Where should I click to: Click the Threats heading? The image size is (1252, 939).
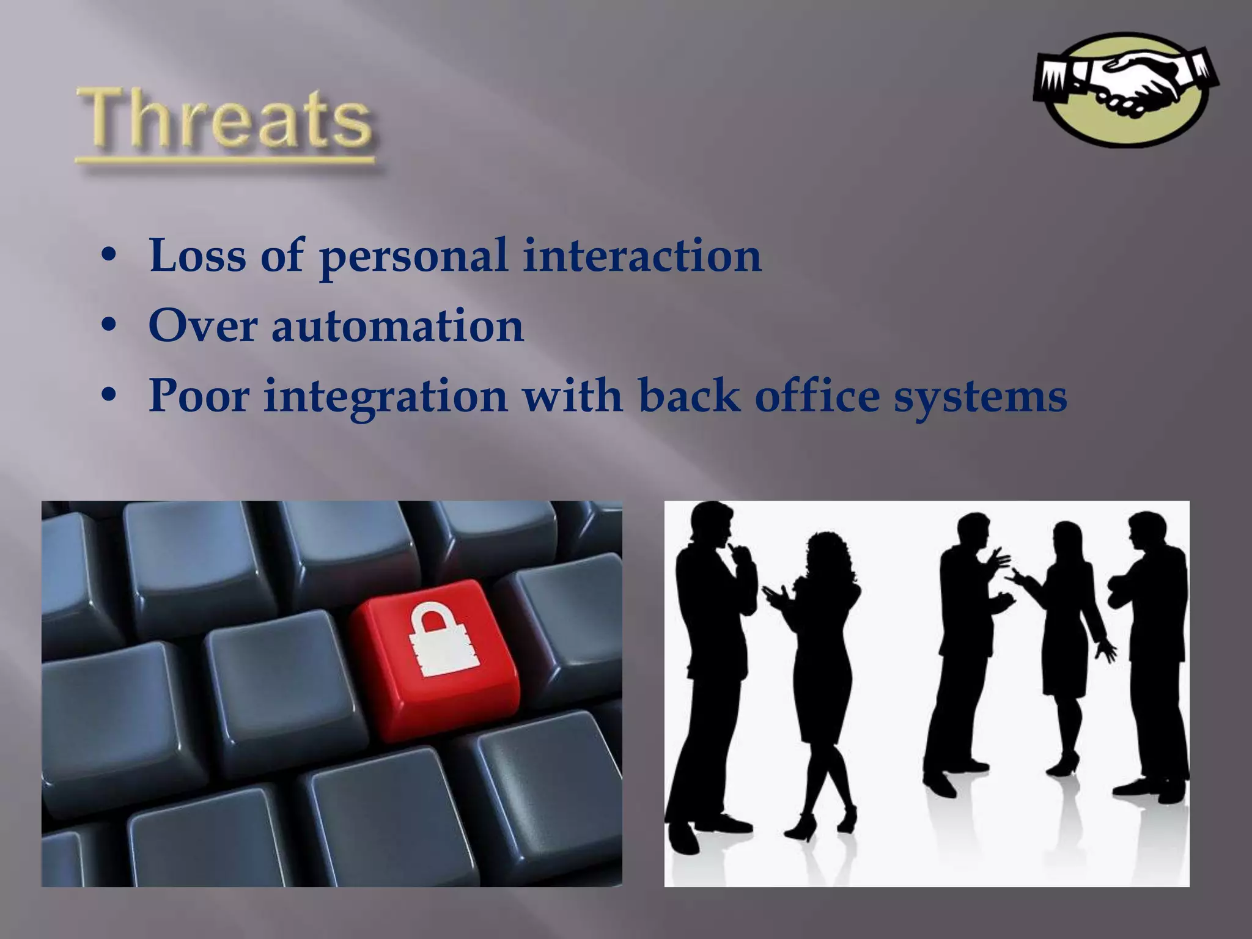click(224, 119)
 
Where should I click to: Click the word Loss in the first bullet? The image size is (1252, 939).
click(197, 255)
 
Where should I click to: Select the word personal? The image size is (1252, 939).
click(413, 257)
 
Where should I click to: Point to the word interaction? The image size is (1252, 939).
click(642, 255)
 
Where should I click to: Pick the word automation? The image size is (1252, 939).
click(397, 326)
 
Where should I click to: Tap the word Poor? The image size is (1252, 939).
click(199, 396)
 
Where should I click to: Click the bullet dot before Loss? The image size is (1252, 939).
click(109, 256)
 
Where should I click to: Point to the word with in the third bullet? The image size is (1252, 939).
click(572, 396)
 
